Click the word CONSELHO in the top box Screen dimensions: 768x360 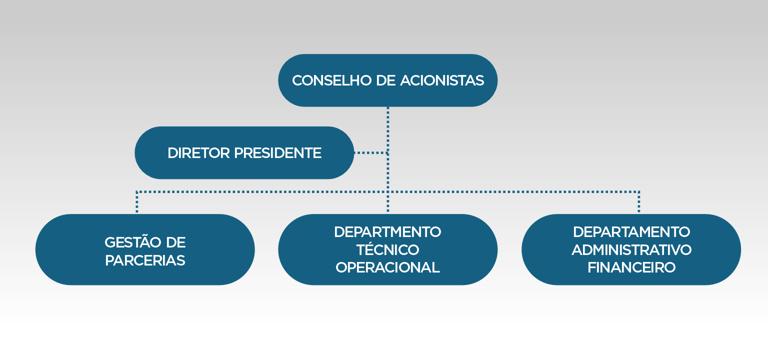332,80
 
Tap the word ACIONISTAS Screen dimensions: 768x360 442,80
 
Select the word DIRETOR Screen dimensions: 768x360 198,153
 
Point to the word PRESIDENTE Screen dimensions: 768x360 277,153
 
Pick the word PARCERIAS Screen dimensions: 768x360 145,260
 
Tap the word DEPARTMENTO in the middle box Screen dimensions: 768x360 387,232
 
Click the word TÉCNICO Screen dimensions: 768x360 388,249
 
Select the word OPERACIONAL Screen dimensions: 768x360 388,268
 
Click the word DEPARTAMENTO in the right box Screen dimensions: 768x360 631,232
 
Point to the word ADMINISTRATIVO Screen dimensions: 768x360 631,250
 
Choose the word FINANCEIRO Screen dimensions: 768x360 631,268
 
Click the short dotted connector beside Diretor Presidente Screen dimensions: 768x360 371,153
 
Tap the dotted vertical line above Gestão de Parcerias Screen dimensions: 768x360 137,202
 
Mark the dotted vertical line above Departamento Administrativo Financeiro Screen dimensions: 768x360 639,202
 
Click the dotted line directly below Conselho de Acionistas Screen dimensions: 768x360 388,159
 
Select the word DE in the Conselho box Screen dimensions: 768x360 386,80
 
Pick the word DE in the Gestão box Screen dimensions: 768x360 175,242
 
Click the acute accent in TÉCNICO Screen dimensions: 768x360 372,241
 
